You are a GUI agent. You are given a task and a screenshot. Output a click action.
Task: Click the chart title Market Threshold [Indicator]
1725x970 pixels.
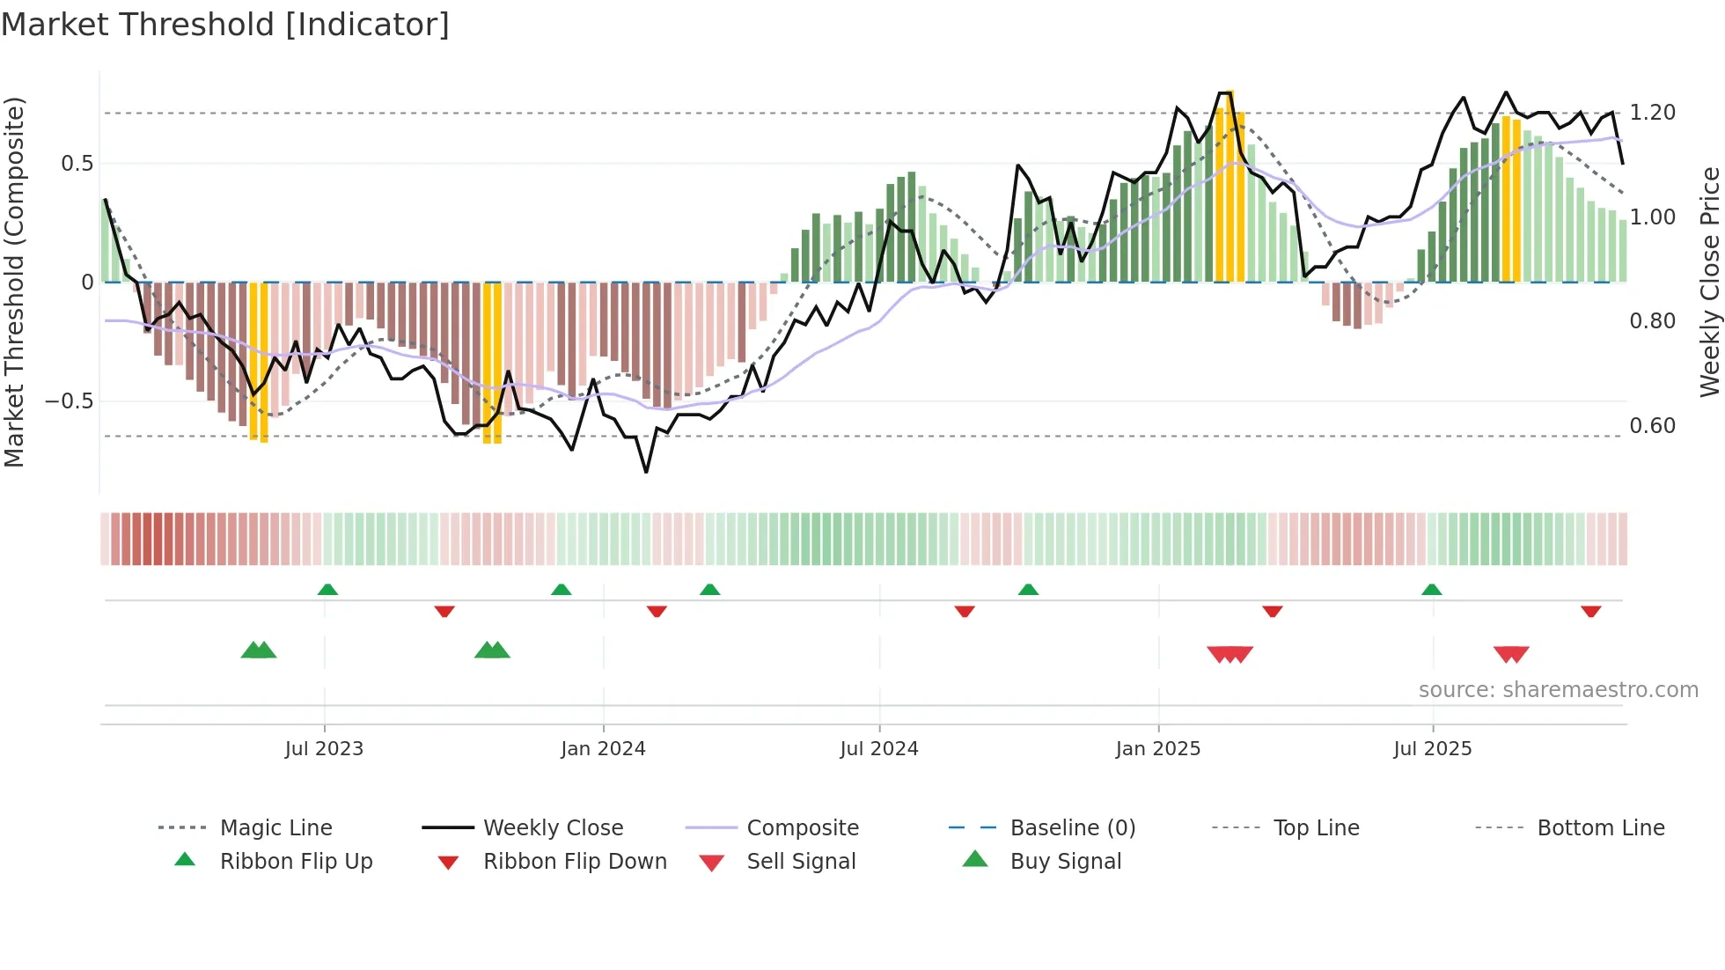click(x=225, y=25)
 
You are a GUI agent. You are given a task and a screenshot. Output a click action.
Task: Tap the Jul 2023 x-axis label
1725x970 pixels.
click(x=324, y=749)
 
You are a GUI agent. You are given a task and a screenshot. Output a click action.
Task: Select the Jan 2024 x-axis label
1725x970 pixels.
click(x=603, y=749)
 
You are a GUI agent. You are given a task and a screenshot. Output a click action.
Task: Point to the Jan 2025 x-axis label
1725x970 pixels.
click(x=1157, y=749)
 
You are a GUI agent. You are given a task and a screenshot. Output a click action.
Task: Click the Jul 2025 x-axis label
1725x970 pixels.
click(x=1432, y=749)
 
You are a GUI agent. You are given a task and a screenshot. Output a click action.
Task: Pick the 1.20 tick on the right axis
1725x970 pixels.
click(x=1652, y=113)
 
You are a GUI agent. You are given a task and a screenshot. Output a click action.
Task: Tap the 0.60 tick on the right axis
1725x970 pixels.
click(x=1652, y=426)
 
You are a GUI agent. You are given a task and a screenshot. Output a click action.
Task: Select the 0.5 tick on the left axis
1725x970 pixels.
click(x=77, y=164)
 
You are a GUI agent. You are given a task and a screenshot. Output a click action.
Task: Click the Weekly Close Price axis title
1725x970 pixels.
click(x=1709, y=282)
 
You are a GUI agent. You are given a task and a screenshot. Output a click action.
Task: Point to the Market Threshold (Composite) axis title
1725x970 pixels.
click(x=14, y=282)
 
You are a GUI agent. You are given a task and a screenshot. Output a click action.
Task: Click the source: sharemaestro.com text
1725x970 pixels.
click(x=1558, y=690)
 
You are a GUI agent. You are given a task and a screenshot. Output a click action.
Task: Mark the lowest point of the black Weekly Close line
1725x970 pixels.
click(x=646, y=472)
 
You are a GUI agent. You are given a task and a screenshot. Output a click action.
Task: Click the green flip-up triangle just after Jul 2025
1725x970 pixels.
click(x=1431, y=590)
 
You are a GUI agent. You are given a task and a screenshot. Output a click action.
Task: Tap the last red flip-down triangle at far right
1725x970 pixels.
click(x=1590, y=611)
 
